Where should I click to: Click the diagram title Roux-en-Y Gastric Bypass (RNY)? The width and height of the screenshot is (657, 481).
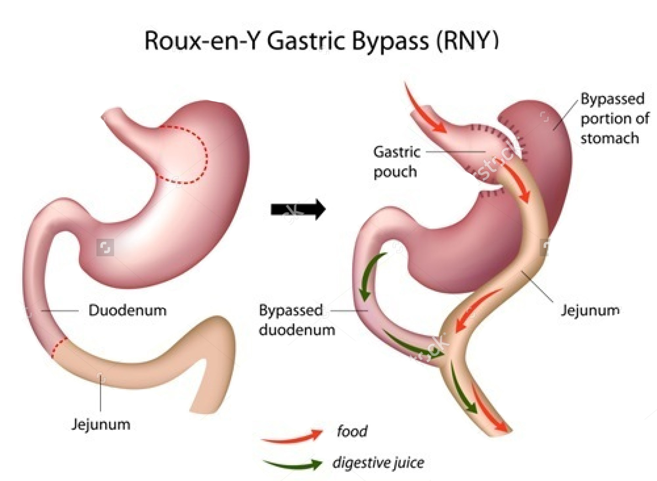(x=321, y=41)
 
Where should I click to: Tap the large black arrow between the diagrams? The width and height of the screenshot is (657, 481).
(x=298, y=209)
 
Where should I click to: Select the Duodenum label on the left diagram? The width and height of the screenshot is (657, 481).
(x=127, y=310)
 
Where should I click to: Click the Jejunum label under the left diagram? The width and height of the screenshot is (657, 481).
(x=101, y=424)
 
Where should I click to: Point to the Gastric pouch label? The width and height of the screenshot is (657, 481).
(x=396, y=162)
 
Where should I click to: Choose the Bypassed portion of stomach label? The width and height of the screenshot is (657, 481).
(x=615, y=118)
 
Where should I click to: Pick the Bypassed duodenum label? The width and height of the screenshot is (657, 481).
(x=297, y=320)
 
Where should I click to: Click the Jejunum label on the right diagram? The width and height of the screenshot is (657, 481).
(x=590, y=310)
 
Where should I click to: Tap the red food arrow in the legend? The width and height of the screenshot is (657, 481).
(x=292, y=436)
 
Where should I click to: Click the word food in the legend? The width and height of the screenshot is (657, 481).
(x=352, y=431)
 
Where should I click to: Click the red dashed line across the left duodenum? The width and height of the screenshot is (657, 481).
(x=59, y=347)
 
